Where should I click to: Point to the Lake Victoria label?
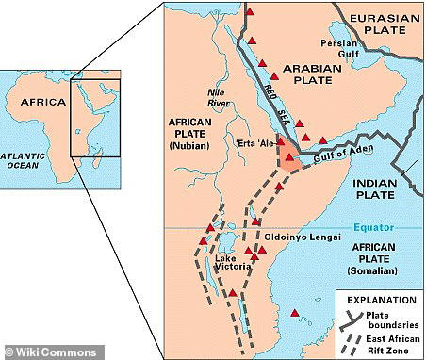click(232, 264)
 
